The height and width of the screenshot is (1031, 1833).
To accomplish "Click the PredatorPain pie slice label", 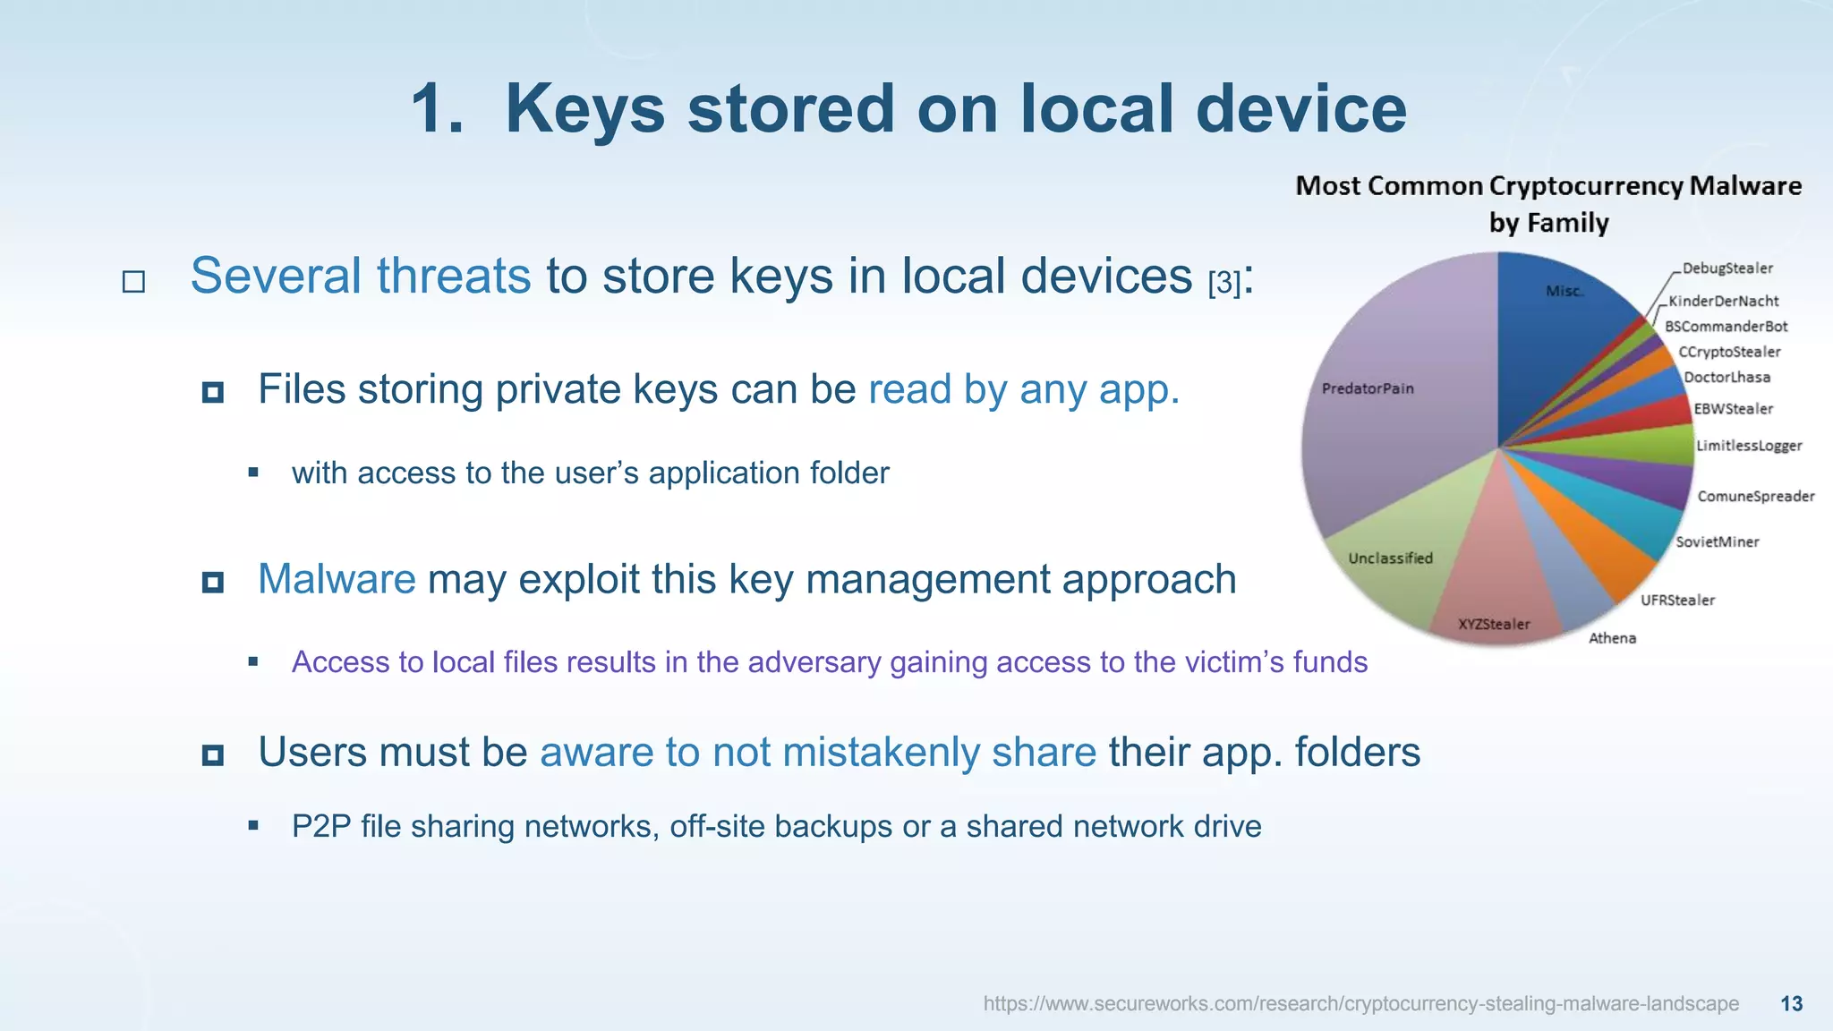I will click(x=1367, y=388).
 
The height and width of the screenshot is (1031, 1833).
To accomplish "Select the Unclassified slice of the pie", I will click(x=1390, y=558).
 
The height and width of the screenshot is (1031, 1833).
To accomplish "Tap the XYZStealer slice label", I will click(x=1494, y=624).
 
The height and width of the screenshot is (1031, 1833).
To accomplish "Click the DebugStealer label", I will click(x=1726, y=268).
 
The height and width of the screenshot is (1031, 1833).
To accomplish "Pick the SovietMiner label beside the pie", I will click(x=1717, y=541).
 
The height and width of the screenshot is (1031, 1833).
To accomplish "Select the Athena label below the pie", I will click(x=1612, y=638).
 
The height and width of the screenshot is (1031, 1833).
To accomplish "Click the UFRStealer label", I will click(x=1677, y=600).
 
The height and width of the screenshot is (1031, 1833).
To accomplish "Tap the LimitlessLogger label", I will click(x=1748, y=446).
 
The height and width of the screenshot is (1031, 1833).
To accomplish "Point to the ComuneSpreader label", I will click(x=1755, y=496).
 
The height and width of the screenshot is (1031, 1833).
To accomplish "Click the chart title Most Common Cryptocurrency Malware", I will click(x=1548, y=186).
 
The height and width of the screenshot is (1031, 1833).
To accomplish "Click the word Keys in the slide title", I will click(x=584, y=108).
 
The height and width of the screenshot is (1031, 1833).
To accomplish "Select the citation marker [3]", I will click(x=1223, y=284).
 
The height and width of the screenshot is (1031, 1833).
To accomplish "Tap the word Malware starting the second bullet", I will click(x=337, y=579).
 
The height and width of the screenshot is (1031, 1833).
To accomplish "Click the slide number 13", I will click(x=1791, y=1003).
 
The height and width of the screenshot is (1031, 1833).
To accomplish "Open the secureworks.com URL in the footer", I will click(x=1360, y=1003).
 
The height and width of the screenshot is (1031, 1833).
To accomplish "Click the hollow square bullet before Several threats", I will click(x=133, y=282).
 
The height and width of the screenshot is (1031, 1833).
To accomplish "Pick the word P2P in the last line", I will click(x=320, y=826).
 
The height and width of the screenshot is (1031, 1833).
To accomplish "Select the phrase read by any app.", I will click(x=1023, y=389).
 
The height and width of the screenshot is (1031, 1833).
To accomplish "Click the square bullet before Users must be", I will click(x=213, y=755).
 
